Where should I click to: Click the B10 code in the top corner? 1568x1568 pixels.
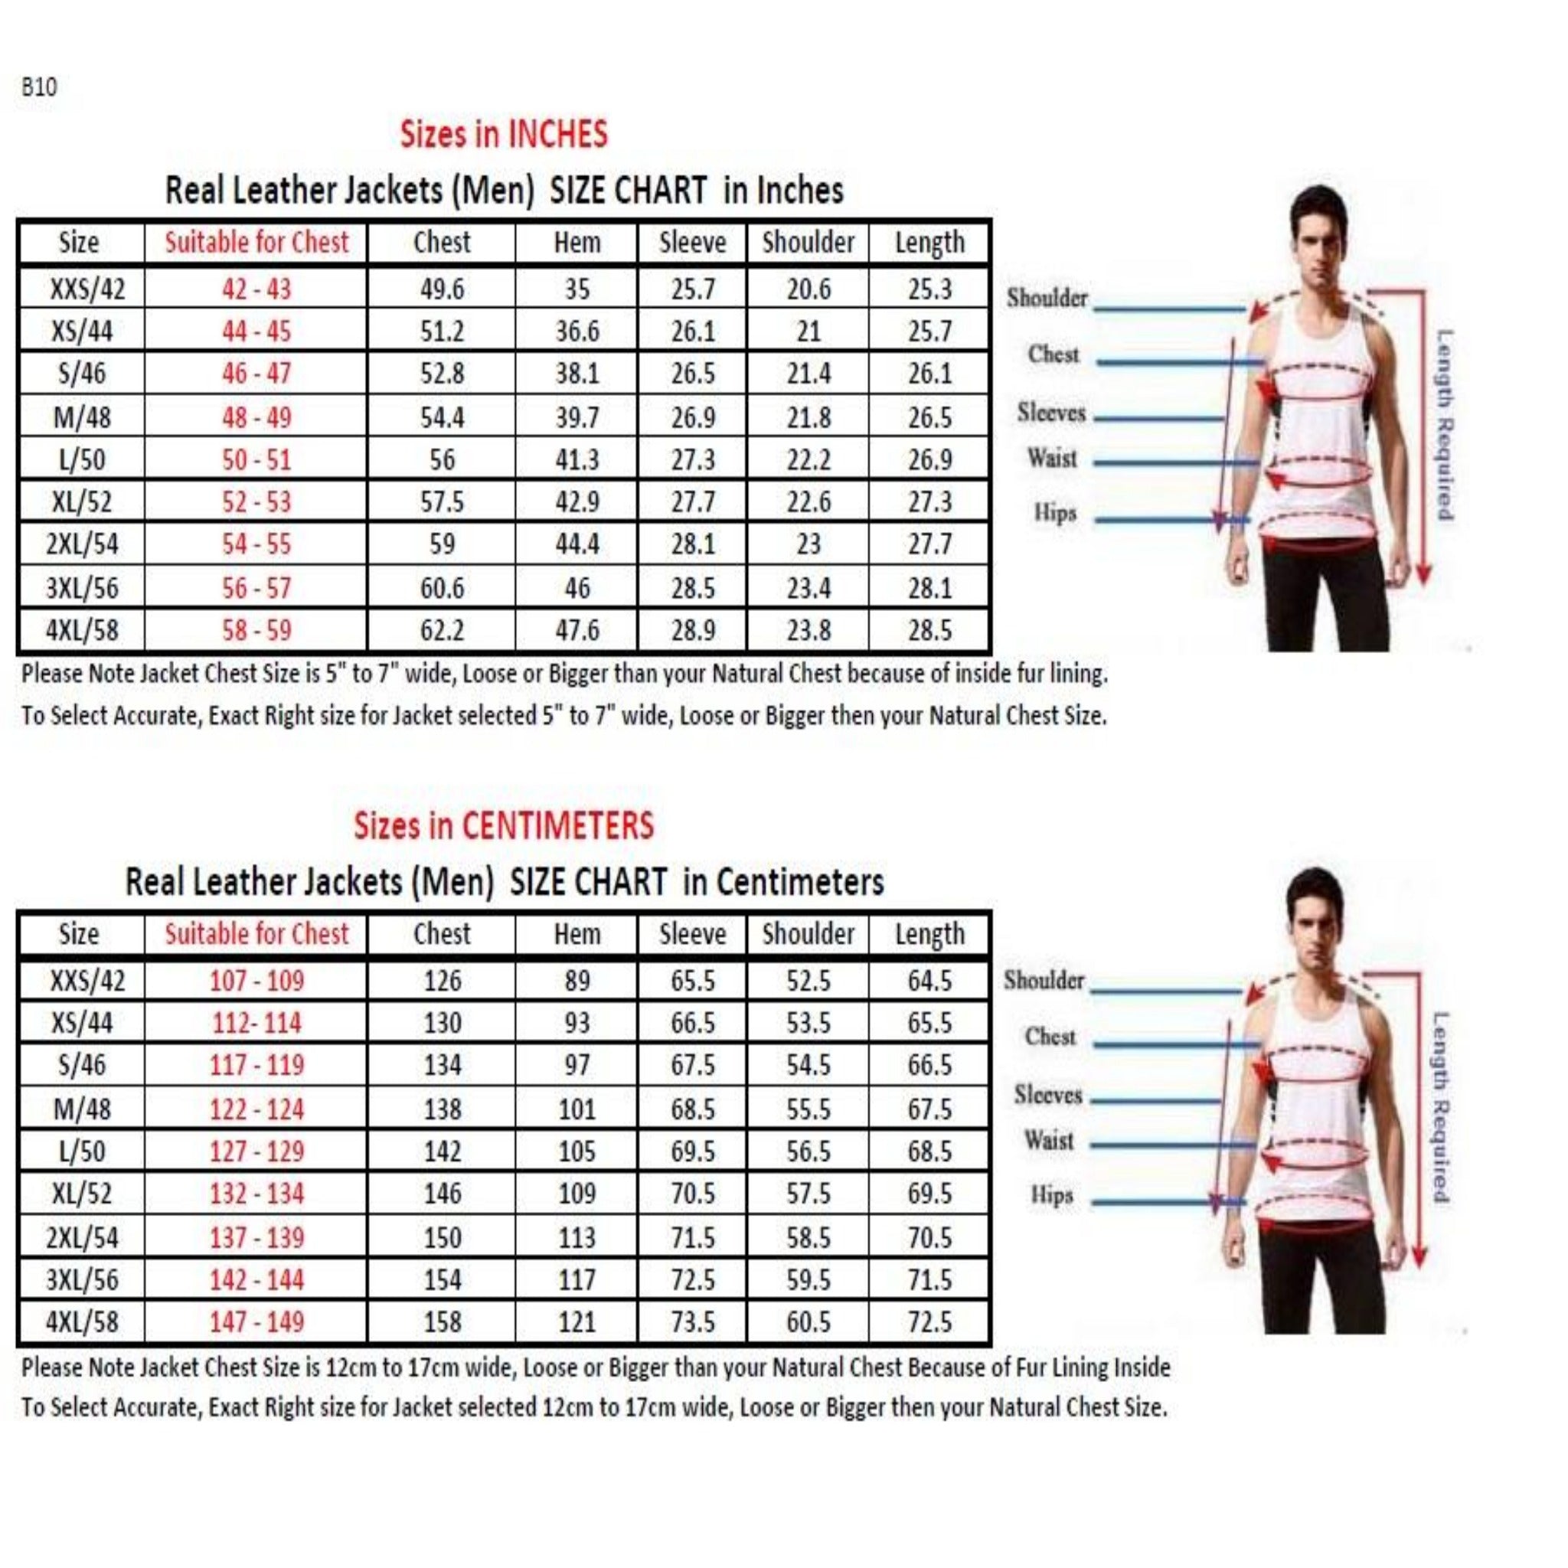tap(39, 87)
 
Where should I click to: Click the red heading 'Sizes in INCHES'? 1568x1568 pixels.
tap(503, 134)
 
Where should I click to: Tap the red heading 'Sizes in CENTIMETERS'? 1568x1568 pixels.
tap(503, 825)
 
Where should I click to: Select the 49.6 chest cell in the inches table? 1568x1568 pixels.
tap(442, 289)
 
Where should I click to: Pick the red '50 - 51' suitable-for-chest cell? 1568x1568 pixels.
tap(256, 460)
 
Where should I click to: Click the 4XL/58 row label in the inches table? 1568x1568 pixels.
tap(82, 630)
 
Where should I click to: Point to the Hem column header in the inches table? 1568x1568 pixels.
tap(577, 242)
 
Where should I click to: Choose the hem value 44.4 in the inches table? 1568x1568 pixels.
tap(577, 544)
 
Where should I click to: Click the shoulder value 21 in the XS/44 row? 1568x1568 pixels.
tap(808, 331)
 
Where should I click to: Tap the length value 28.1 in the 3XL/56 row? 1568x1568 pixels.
tap(929, 587)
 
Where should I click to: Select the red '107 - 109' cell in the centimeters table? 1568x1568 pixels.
tap(256, 981)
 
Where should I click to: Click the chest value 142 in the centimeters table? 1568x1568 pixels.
tap(442, 1151)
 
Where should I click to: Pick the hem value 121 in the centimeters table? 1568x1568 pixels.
tap(577, 1321)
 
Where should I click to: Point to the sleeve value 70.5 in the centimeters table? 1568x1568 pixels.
tap(692, 1194)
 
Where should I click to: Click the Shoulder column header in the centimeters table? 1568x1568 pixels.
tap(808, 933)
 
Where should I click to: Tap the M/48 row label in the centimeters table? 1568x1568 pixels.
tap(82, 1109)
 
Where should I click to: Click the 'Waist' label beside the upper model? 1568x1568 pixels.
tap(1052, 459)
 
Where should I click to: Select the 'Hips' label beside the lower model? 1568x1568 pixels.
tap(1052, 1195)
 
